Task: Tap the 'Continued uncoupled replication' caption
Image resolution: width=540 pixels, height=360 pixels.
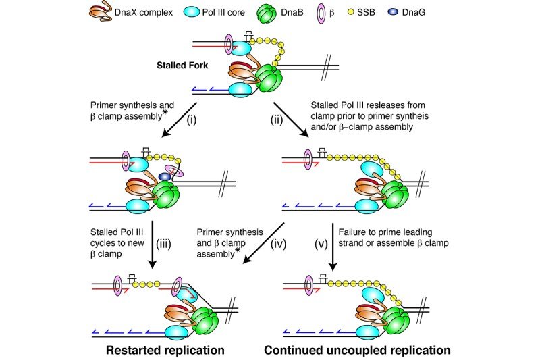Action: [x=356, y=350]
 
